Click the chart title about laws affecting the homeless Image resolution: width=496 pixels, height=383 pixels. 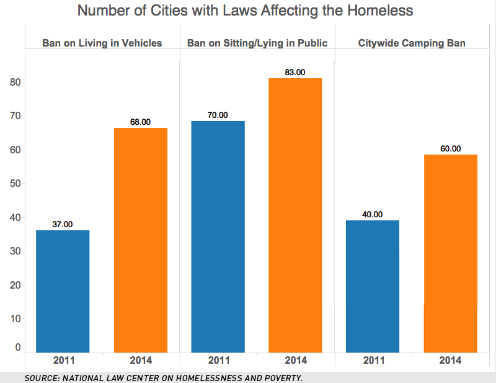coord(248,12)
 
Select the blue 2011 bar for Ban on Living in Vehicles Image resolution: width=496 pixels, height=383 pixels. coord(63,291)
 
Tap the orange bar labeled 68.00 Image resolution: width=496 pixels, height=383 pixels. coord(140,240)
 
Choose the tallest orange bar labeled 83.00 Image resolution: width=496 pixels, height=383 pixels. coord(295,215)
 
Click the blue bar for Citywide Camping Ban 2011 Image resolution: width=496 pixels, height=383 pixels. coord(372,286)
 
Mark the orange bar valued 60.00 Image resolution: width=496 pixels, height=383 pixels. coord(450,253)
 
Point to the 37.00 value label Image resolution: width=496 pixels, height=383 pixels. coord(63,224)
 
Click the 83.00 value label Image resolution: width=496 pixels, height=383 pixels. coord(295,72)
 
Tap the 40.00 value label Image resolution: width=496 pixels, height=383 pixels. coord(372,214)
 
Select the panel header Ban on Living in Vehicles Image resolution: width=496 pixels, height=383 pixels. coord(102,43)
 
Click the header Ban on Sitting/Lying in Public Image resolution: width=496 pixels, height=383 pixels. coord(257,43)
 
